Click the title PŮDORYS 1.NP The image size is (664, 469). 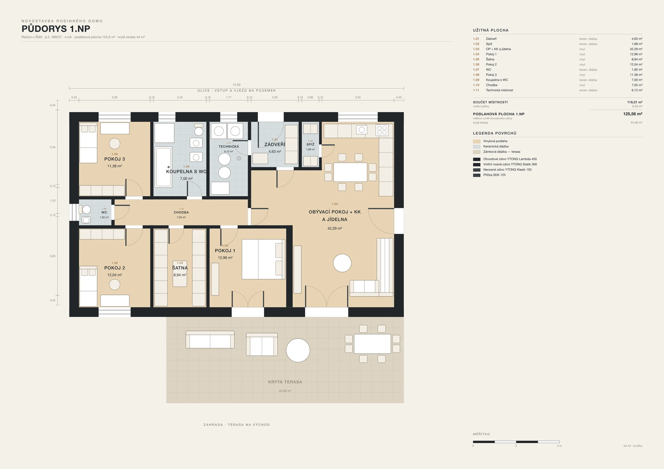[x=56, y=29]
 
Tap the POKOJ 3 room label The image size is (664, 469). [x=115, y=159]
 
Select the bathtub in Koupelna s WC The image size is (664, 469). [x=164, y=167]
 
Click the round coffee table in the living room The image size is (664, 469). [x=342, y=263]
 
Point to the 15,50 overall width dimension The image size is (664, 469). [x=237, y=85]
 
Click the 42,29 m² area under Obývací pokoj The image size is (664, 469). [x=334, y=228]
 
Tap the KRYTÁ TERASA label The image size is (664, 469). [x=285, y=382]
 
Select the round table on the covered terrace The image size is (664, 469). [x=298, y=350]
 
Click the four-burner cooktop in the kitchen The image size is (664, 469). [x=382, y=130]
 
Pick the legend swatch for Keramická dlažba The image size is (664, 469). [x=477, y=146]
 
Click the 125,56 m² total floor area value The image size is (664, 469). [x=632, y=114]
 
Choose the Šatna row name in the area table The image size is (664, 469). [x=490, y=59]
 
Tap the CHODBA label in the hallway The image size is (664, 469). [x=181, y=213]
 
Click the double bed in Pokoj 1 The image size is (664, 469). [x=263, y=259]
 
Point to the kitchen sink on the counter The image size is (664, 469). [x=362, y=130]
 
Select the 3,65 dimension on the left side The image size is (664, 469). [x=53, y=256]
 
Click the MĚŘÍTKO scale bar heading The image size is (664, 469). [x=481, y=434]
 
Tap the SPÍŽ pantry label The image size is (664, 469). [x=310, y=145]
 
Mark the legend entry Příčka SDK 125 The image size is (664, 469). [x=494, y=175]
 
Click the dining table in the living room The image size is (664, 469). [x=350, y=172]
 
